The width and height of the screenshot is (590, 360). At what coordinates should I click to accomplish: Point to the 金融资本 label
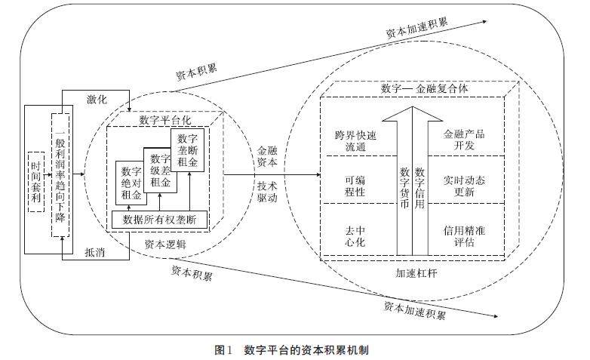267,155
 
